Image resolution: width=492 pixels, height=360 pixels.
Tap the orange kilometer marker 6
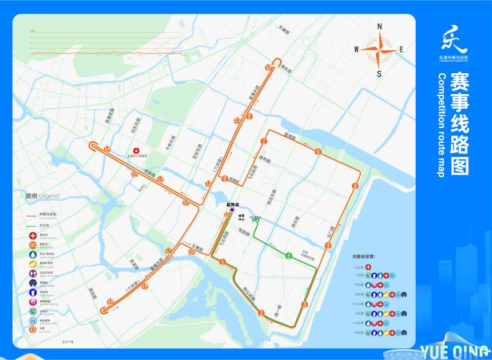[318, 151]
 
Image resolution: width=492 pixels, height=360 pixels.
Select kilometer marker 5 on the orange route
[355, 186]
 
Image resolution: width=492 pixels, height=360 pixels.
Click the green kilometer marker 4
[288, 256]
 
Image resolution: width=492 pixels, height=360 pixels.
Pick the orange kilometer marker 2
[261, 313]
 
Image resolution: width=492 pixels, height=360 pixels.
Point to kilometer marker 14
[107, 149]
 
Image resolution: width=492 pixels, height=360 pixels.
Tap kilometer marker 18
[111, 301]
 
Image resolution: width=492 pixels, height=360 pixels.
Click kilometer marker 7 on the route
[263, 142]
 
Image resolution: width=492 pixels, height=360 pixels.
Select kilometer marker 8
[225, 179]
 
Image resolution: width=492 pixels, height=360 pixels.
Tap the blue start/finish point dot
[232, 210]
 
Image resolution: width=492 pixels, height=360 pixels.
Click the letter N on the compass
[379, 26]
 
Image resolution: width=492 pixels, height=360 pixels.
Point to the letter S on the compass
[379, 74]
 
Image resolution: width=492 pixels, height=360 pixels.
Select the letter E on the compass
[402, 50]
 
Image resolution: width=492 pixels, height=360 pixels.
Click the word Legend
[50, 196]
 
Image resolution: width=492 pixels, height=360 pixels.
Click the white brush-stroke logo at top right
[454, 40]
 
